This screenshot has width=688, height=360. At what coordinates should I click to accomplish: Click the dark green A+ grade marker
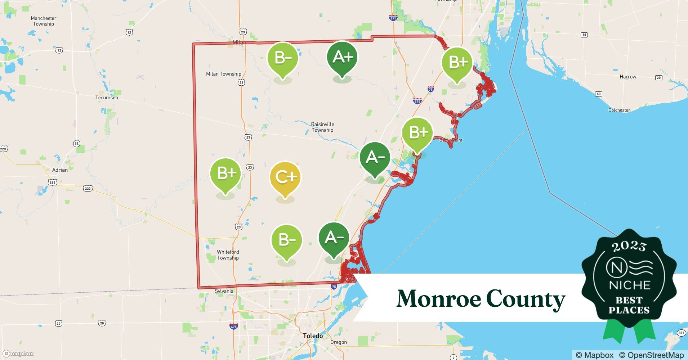pyautogui.click(x=342, y=58)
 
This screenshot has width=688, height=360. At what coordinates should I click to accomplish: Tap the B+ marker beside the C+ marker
pyautogui.click(x=225, y=174)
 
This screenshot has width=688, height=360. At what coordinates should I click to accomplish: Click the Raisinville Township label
pyautogui.click(x=322, y=127)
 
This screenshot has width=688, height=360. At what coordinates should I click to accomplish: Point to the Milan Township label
pyautogui.click(x=223, y=74)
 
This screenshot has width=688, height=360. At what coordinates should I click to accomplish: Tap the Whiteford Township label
pyautogui.click(x=228, y=255)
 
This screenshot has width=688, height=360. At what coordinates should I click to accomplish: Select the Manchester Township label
pyautogui.click(x=43, y=21)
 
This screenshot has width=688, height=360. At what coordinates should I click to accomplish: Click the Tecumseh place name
pyautogui.click(x=107, y=98)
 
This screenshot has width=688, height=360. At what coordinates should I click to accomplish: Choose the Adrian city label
pyautogui.click(x=60, y=170)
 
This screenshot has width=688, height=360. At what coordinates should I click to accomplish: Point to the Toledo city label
pyautogui.click(x=313, y=336)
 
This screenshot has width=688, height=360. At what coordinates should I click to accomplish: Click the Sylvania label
pyautogui.click(x=224, y=291)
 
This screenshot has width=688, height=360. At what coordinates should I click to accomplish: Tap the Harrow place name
pyautogui.click(x=628, y=77)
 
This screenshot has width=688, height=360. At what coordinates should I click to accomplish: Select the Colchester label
pyautogui.click(x=619, y=110)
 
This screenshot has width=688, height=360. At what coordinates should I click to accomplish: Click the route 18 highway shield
pyautogui.click(x=584, y=35)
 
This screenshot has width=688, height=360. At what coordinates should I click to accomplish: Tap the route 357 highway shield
pyautogui.click(x=681, y=333)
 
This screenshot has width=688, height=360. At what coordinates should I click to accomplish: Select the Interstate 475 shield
pyautogui.click(x=233, y=327)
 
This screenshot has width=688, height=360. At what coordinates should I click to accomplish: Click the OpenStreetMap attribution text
pyautogui.click(x=651, y=355)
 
